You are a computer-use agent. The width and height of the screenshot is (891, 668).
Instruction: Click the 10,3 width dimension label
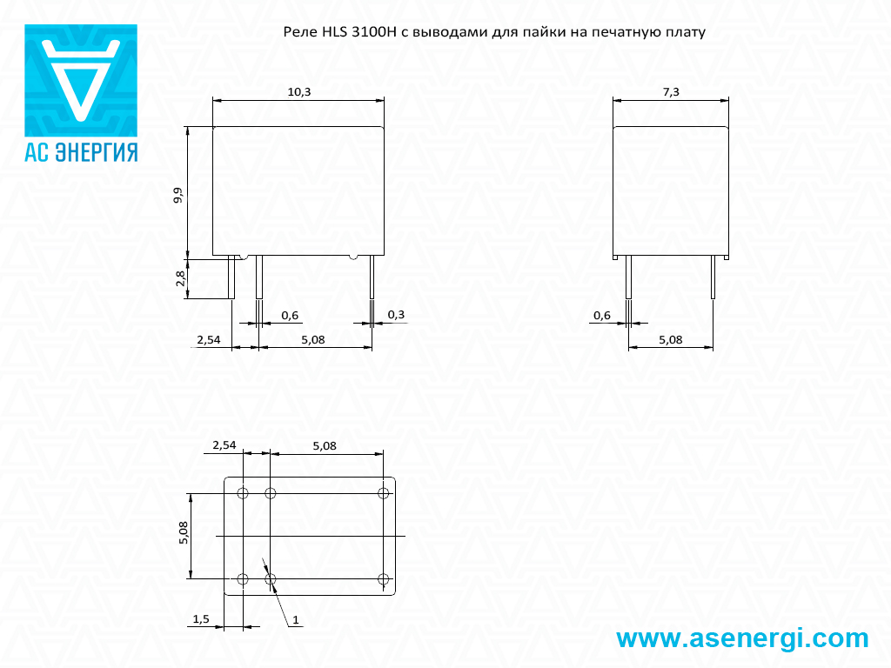click(299, 92)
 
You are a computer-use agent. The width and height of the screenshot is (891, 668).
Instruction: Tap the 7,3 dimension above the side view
click(671, 92)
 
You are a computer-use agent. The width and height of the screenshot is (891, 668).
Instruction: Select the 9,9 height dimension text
click(179, 195)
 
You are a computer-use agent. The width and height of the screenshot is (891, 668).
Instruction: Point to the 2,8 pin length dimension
click(181, 277)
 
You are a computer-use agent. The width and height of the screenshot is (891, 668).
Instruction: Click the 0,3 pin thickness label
click(396, 315)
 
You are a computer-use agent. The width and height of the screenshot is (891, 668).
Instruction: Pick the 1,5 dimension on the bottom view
click(201, 618)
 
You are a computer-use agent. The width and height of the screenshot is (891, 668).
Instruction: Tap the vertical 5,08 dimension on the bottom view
click(184, 533)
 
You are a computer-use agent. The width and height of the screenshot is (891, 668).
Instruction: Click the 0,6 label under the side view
click(602, 315)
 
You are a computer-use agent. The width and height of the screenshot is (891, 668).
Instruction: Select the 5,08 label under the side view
click(671, 340)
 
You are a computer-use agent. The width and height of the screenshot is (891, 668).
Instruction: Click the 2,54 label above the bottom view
click(224, 445)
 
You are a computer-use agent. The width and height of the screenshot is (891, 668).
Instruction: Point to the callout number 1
click(296, 619)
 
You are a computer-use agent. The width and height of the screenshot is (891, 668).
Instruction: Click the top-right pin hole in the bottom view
click(384, 493)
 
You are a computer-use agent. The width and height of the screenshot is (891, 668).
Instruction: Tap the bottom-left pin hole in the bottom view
click(243, 579)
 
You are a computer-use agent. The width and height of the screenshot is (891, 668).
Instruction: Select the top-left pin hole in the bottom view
click(243, 493)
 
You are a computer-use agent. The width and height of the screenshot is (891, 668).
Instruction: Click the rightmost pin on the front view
click(372, 277)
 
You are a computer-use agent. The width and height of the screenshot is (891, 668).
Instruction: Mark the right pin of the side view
click(713, 277)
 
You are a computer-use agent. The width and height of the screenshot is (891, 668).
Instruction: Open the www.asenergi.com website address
click(742, 638)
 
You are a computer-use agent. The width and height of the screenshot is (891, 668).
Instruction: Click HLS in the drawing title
click(335, 32)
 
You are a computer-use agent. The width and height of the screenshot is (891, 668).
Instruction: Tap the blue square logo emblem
click(81, 80)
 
